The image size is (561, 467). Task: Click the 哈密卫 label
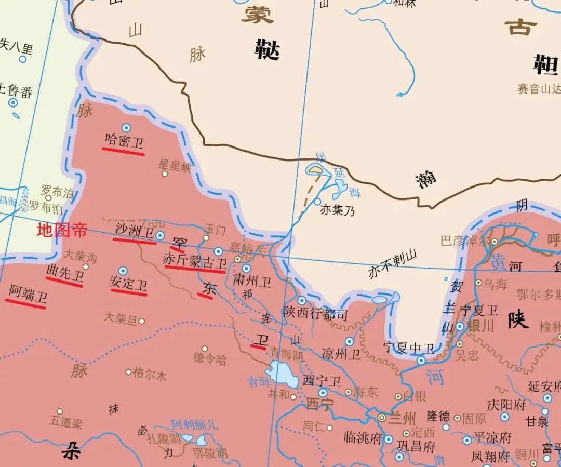[x=124, y=142]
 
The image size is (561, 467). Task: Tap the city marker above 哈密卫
[x=126, y=127]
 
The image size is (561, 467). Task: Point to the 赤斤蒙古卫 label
[x=195, y=261]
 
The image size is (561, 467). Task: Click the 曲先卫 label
[x=65, y=272]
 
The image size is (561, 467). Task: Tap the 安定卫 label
[x=128, y=284]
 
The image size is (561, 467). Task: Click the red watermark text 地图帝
[x=62, y=230]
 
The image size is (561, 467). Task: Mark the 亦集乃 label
[x=337, y=211]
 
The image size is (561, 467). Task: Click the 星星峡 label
[x=175, y=167]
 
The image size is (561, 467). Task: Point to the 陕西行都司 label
[x=315, y=314]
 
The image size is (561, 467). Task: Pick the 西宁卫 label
[x=322, y=381]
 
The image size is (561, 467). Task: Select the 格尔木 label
[x=150, y=373]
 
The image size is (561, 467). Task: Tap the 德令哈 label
[x=210, y=358]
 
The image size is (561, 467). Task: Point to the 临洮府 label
[x=362, y=438]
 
